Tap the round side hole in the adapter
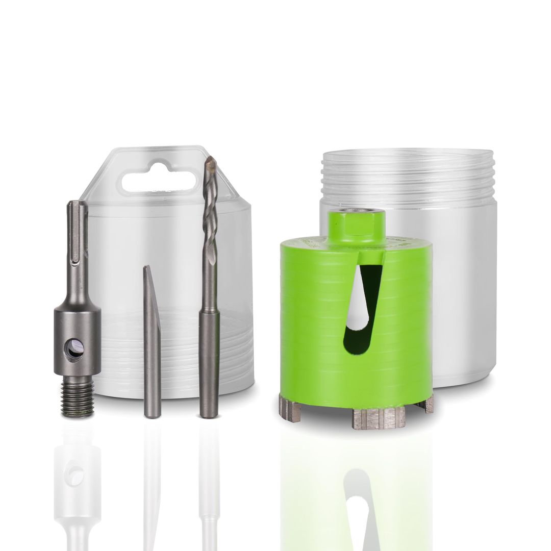click(x=74, y=349)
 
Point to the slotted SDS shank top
click(x=77, y=224)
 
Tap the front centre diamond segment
click(x=378, y=418)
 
